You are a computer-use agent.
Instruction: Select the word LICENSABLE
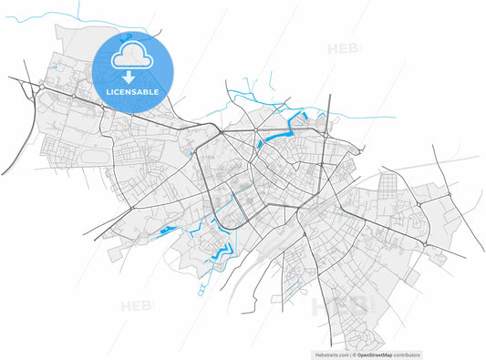133,92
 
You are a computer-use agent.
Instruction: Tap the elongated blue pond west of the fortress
168,231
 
